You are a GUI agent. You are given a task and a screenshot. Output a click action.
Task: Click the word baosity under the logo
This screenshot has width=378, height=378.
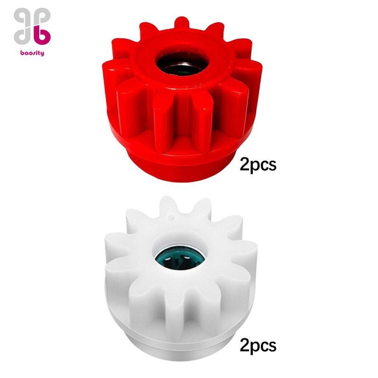tap(32, 53)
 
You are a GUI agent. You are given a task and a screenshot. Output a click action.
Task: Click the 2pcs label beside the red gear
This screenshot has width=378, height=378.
tap(258, 165)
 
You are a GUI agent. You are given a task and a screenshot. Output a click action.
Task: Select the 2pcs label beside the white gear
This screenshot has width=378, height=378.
tap(258, 346)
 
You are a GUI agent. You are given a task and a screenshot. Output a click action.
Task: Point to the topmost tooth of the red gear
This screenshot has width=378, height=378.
tap(181, 24)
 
